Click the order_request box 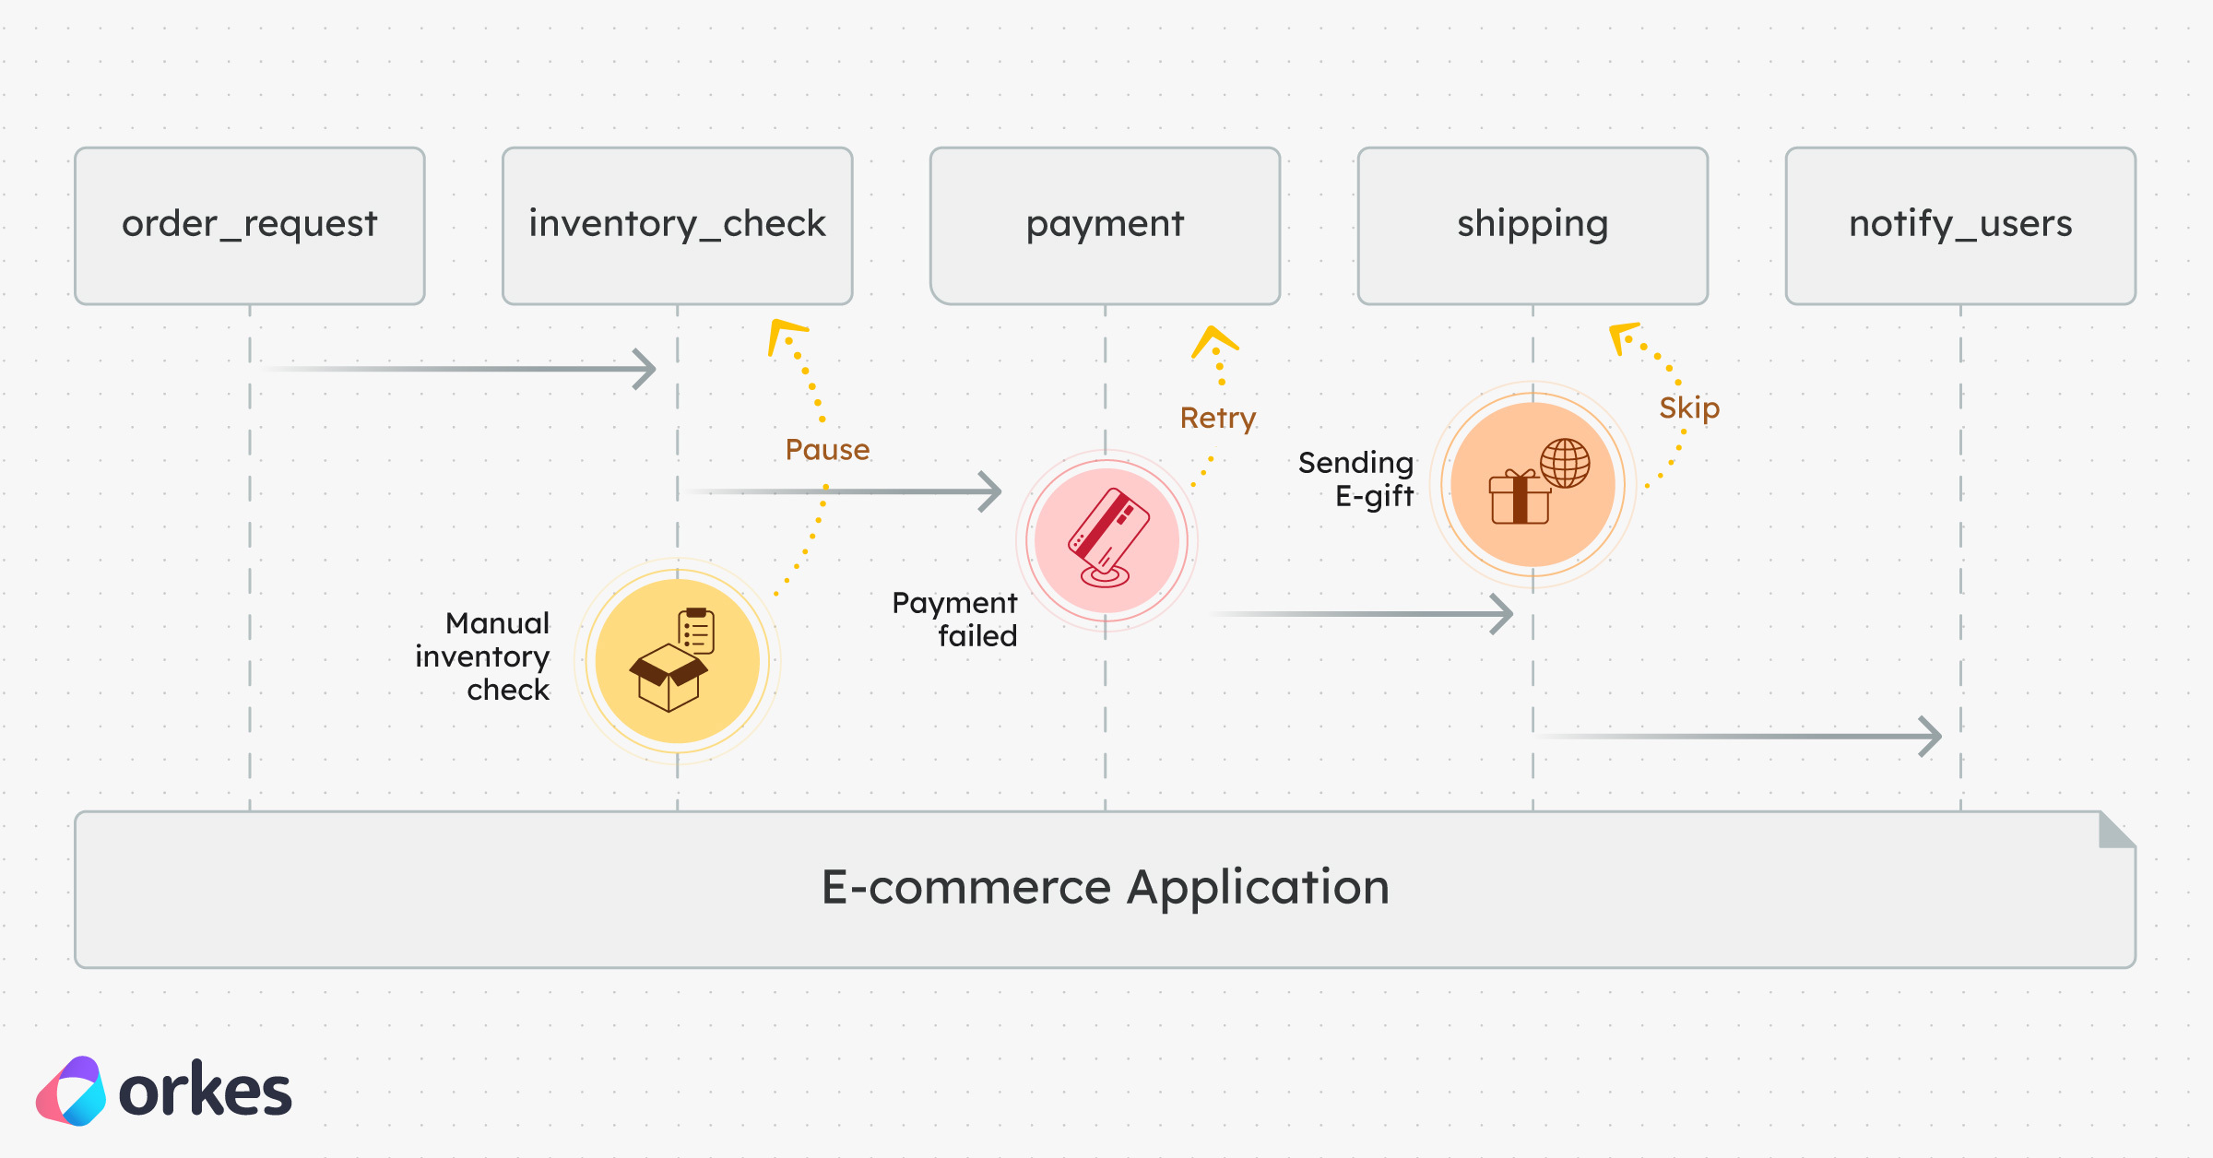[250, 225]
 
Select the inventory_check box [677, 225]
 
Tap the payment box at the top [1105, 225]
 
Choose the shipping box [1533, 225]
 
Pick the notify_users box [1960, 225]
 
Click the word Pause [827, 450]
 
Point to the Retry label [1218, 419]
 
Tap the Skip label [1689, 408]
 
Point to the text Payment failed [955, 620]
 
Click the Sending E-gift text [1356, 479]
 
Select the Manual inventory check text [483, 656]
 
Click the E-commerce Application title [1105, 888]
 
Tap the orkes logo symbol [71, 1092]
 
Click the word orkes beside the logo [205, 1092]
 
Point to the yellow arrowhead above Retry [1213, 338]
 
